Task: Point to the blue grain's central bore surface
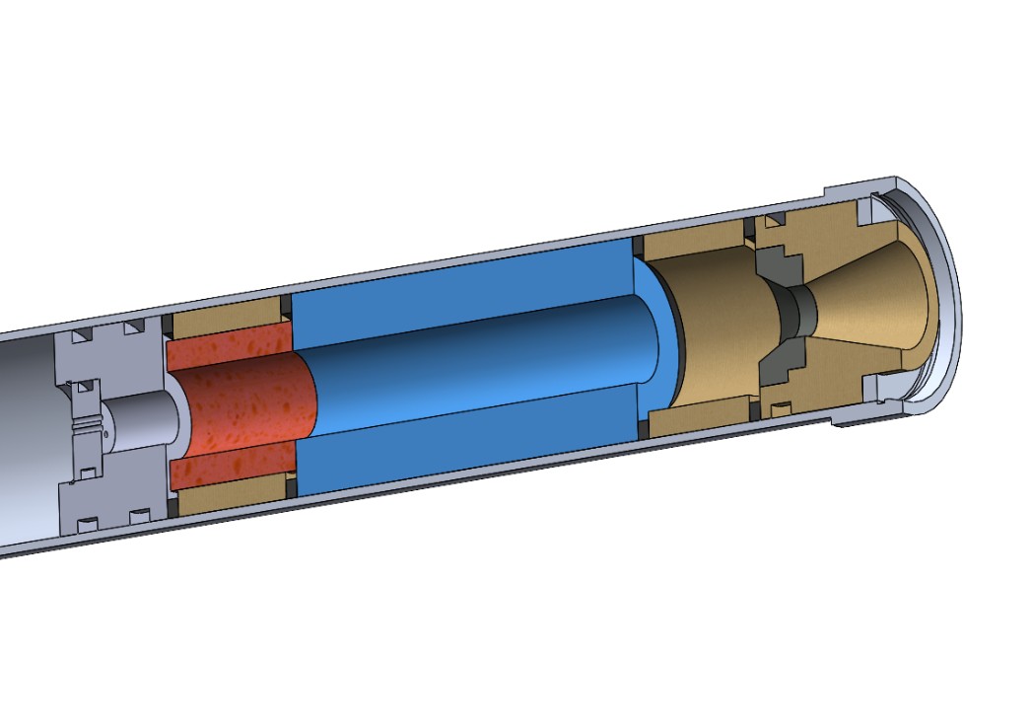473,355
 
